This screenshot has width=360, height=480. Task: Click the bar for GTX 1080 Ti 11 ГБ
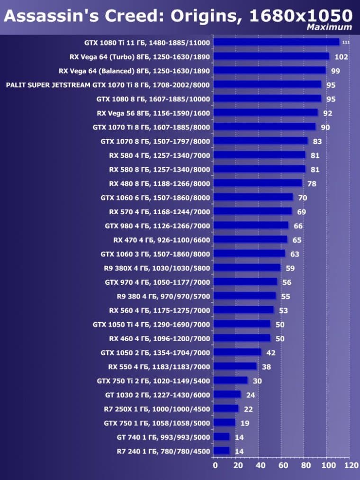276,42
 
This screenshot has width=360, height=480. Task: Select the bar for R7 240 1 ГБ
221,451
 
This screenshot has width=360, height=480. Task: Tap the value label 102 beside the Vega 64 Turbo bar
341,57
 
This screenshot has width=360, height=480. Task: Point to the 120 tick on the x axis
351,466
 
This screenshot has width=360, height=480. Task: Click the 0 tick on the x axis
215,466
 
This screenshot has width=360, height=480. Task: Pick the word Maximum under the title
329,27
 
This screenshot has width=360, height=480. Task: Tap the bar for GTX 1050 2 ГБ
237,353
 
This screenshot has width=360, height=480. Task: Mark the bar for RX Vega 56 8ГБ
266,113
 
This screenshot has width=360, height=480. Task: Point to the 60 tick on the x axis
283,466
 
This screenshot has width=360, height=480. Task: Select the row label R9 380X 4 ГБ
157,268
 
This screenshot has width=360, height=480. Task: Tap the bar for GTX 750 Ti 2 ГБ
231,380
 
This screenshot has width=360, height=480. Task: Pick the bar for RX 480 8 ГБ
258,183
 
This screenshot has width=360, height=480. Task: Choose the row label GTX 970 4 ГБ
157,282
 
